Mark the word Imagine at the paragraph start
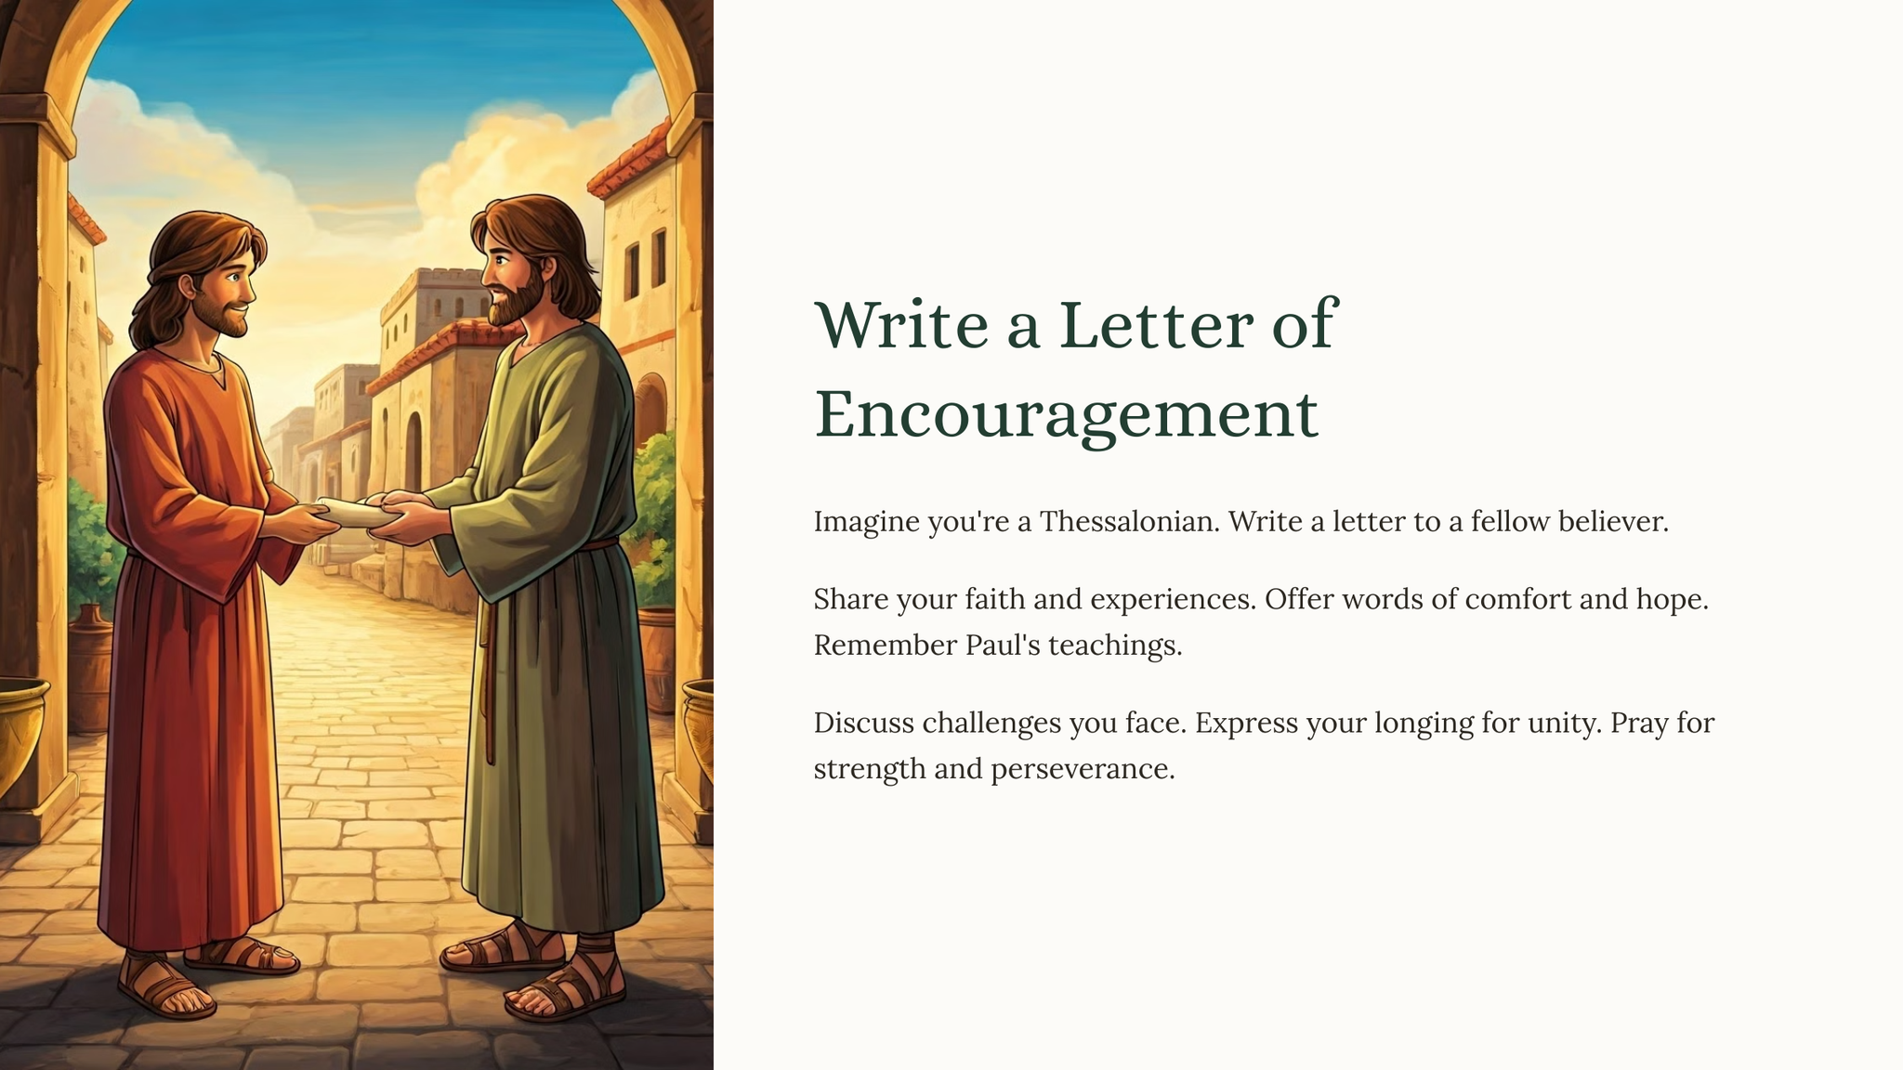tap(867, 522)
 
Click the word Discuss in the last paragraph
tap(864, 723)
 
